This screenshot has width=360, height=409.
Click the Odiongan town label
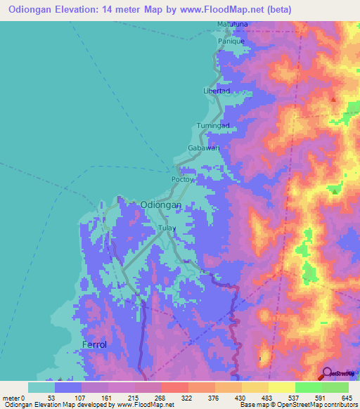(161, 204)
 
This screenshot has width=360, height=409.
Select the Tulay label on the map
(167, 229)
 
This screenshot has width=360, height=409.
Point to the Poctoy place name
(182, 179)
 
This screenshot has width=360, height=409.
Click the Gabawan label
(204, 148)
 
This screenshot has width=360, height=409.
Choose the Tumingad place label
(213, 125)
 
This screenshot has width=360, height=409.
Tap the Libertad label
(217, 91)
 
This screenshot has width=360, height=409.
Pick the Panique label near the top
(231, 41)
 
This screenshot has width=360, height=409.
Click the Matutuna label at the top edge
(232, 25)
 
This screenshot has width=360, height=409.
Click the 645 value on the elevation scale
(345, 397)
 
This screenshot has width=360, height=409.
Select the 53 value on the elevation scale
(59, 397)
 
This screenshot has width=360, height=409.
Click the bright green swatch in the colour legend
(309, 387)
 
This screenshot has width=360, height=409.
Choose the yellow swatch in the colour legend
(255, 387)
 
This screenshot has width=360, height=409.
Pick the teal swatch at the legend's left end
(41, 387)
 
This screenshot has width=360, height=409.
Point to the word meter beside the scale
(12, 397)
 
